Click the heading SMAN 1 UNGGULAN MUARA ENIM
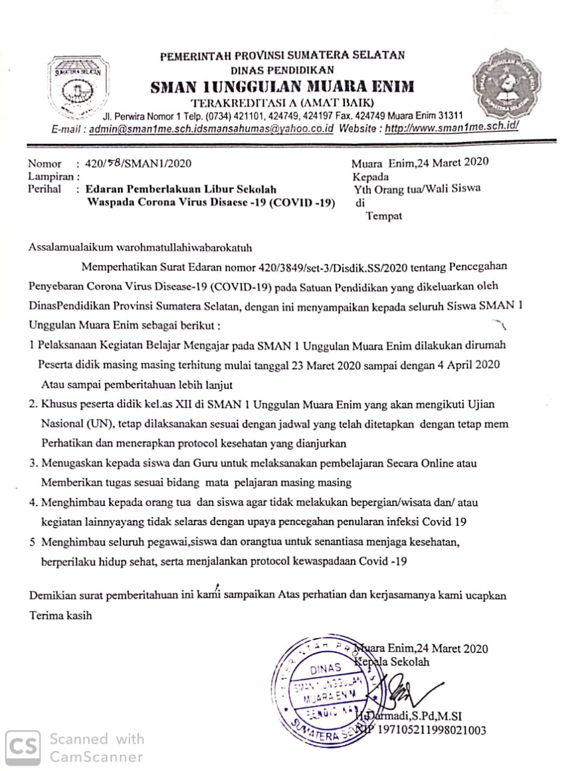(x=282, y=87)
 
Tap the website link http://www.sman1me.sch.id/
(x=451, y=128)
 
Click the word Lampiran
(x=51, y=176)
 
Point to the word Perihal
(x=45, y=189)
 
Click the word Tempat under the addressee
(x=384, y=216)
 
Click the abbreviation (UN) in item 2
(x=98, y=424)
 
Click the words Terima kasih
(x=61, y=616)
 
